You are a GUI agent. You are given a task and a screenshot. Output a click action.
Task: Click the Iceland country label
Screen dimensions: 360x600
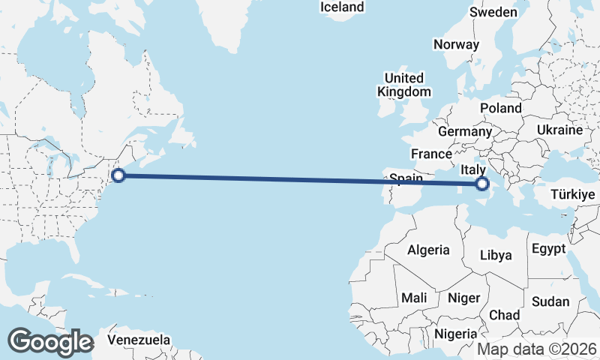341,7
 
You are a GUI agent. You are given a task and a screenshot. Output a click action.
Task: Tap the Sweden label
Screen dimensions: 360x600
493,12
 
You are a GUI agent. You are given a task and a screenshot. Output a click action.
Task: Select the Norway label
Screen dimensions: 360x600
456,44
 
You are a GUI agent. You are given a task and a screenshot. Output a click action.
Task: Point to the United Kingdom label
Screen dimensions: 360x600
404,85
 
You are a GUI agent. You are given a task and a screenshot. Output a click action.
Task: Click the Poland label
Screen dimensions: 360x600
501,108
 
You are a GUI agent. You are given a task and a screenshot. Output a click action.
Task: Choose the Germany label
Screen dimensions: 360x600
464,131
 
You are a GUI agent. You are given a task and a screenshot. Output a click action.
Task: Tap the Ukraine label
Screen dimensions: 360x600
559,130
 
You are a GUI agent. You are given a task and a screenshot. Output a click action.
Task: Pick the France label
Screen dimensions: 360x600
431,154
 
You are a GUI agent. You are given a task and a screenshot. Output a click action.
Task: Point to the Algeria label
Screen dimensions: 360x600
428,250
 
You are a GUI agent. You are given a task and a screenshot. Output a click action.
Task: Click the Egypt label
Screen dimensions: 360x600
548,248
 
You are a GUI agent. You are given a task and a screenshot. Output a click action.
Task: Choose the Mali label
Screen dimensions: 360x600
414,298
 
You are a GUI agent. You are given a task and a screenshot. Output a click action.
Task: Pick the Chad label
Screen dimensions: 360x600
504,315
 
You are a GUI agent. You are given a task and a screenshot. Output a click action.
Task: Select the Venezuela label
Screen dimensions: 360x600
138,340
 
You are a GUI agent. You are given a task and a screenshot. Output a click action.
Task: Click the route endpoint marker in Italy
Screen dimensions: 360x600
481,182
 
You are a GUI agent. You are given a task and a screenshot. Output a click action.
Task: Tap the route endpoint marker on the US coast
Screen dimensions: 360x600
118,176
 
